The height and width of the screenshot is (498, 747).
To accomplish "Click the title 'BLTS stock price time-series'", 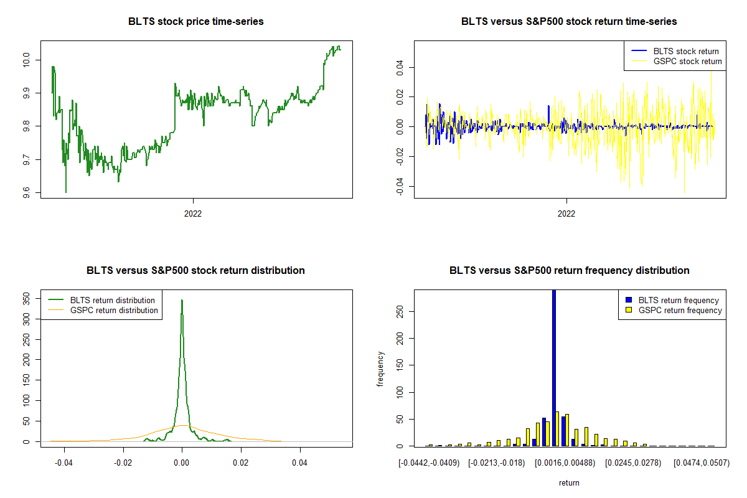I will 196,22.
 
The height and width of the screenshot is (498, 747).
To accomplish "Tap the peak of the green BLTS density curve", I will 182,300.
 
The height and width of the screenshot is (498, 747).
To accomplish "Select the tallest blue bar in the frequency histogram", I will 554,367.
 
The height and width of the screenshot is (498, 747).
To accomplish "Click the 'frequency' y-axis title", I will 380,369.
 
